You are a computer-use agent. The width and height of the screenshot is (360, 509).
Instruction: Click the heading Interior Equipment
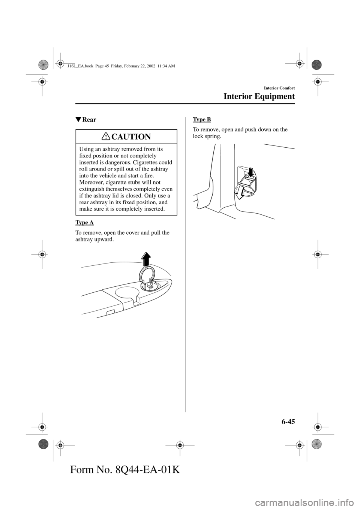tap(259, 96)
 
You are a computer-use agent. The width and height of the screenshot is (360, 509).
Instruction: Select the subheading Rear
tap(89, 120)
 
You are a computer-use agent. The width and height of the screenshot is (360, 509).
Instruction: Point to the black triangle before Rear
tap(78, 120)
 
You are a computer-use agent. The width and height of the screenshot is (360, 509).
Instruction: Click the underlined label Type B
tap(202, 119)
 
